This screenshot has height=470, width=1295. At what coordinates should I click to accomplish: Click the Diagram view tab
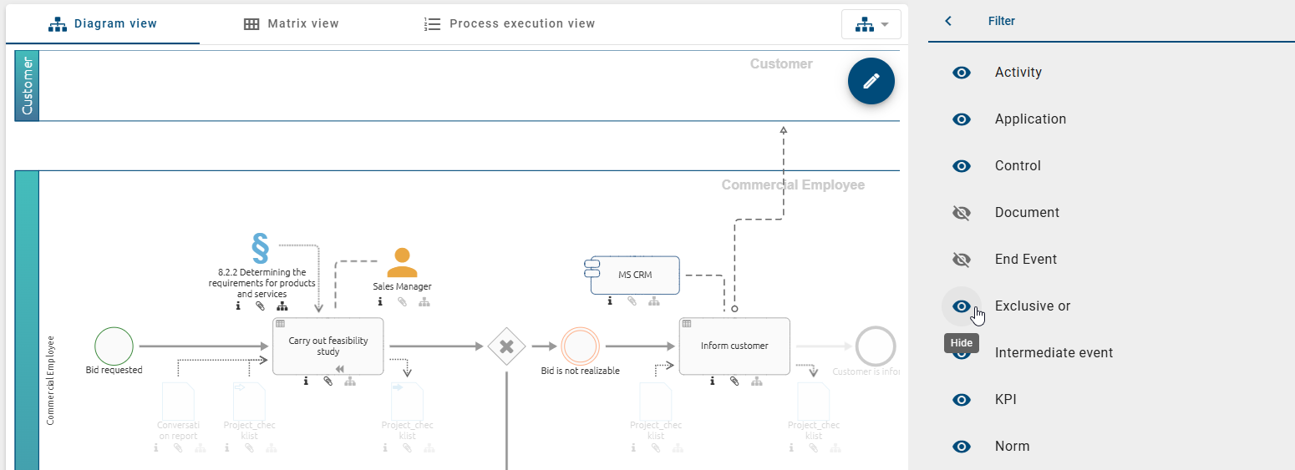103,23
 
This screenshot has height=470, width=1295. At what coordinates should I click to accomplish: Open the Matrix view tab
291,23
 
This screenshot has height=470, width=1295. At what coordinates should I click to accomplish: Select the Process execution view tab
510,23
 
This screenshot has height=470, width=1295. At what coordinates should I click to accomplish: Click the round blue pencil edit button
871,81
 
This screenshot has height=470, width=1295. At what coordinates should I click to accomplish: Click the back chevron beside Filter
948,21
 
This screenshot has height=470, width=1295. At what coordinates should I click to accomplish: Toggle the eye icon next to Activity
962,73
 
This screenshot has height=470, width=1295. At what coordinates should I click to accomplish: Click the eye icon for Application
962,119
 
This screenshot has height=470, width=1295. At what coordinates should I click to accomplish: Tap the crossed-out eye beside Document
962,213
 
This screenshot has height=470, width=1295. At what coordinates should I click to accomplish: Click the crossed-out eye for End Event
962,260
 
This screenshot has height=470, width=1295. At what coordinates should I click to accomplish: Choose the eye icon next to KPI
962,400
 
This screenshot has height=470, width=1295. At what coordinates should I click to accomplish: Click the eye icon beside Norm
962,447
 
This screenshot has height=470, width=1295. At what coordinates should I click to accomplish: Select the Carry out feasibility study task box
328,346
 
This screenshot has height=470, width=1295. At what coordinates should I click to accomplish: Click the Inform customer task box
734,346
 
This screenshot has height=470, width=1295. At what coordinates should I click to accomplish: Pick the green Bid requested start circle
114,346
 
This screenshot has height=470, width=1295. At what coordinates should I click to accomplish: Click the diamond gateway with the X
506,346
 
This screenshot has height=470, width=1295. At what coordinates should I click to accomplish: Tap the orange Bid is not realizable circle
581,346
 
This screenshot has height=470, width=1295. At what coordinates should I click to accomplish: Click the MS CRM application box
635,275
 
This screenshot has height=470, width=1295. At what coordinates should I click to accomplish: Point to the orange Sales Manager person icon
402,262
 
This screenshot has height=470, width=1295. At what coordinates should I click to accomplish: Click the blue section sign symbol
261,248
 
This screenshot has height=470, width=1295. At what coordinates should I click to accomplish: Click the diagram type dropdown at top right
871,24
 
